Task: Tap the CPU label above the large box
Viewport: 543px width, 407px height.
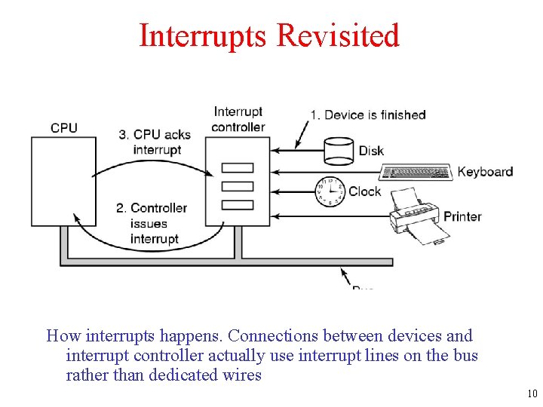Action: click(x=64, y=127)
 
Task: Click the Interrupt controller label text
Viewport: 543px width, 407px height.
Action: click(x=238, y=119)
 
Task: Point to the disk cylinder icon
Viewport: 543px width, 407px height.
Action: click(x=337, y=151)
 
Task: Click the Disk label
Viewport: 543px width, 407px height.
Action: click(x=371, y=151)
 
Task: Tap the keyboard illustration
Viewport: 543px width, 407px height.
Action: click(x=417, y=172)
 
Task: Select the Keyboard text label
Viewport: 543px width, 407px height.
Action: click(x=485, y=172)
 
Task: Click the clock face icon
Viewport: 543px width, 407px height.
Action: click(x=329, y=191)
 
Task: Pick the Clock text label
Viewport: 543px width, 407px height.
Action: click(x=365, y=191)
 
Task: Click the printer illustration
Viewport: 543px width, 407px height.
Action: click(x=416, y=215)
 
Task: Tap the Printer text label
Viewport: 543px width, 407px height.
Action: click(x=462, y=216)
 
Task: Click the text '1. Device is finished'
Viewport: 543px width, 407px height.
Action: click(x=368, y=115)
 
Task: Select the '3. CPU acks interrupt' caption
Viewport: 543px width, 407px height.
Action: click(x=155, y=142)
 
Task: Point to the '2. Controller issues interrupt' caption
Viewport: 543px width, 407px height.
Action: click(x=154, y=223)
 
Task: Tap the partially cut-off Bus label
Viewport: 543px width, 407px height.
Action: click(x=363, y=287)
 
